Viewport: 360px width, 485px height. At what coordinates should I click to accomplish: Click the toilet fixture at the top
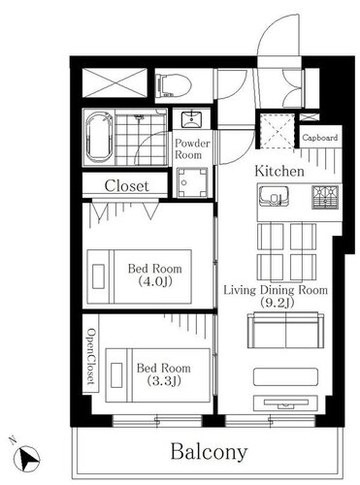(x=173, y=85)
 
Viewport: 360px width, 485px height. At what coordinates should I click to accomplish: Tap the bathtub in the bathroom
(x=99, y=137)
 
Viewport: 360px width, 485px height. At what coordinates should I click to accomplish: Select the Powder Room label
(x=192, y=149)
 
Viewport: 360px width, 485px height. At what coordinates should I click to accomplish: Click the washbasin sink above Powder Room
(x=191, y=120)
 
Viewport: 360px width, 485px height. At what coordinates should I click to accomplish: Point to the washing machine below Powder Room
(x=192, y=182)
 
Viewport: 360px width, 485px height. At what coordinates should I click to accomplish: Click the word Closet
(x=126, y=186)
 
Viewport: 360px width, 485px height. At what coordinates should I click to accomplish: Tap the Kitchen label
(x=279, y=171)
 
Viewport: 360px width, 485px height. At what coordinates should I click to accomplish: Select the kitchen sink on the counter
(x=274, y=196)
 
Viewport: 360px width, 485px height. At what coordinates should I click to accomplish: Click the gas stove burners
(x=325, y=197)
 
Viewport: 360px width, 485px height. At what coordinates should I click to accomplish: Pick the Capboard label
(x=320, y=138)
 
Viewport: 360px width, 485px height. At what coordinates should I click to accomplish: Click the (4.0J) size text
(x=155, y=281)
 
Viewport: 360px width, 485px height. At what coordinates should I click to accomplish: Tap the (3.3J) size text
(x=164, y=381)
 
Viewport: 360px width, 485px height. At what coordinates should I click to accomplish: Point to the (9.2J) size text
(x=277, y=303)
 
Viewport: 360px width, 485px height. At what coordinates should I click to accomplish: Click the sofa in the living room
(x=285, y=330)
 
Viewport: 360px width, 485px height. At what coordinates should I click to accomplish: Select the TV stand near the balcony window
(x=285, y=403)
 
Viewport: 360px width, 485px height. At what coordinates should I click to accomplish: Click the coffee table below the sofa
(x=285, y=376)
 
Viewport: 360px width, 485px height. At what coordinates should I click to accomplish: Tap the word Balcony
(x=209, y=452)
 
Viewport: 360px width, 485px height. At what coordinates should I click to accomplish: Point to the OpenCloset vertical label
(x=91, y=357)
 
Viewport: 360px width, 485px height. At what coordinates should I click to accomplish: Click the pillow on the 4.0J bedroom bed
(x=98, y=276)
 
